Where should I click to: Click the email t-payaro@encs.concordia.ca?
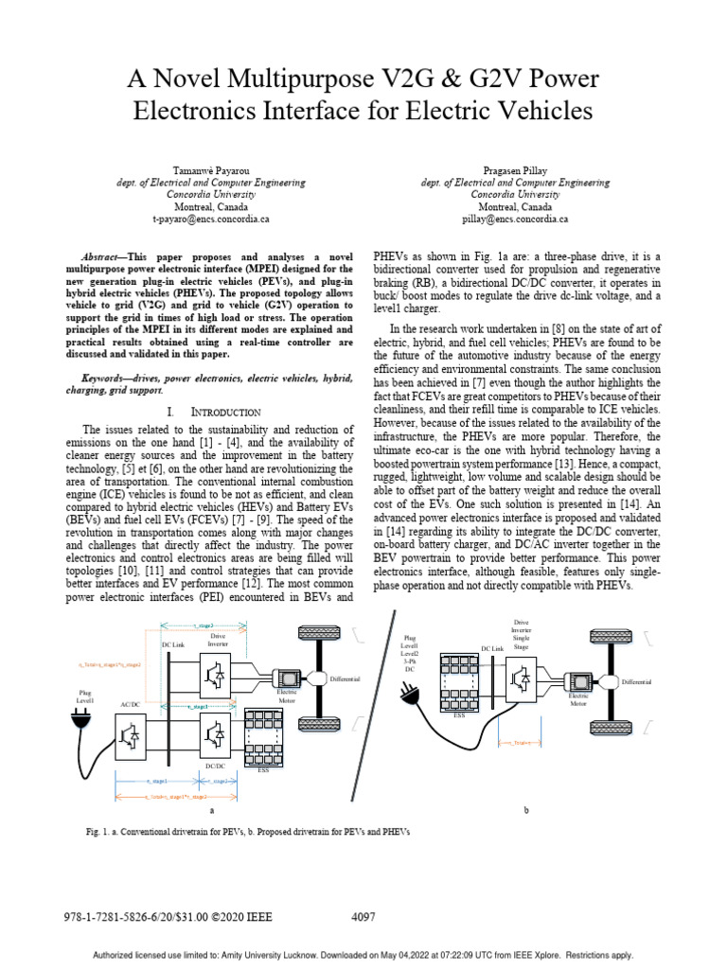click(211, 218)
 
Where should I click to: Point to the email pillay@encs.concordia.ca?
click(515, 218)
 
